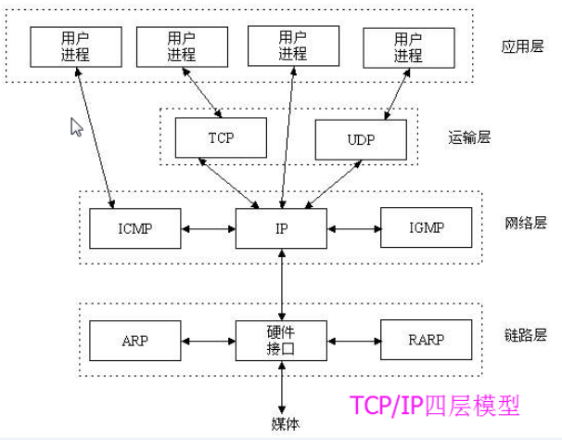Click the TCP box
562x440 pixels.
[x=221, y=137]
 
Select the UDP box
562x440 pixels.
[x=361, y=140]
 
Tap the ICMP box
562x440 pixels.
[x=134, y=228]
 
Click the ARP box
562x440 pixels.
[x=134, y=342]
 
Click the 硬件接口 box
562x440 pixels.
[x=281, y=342]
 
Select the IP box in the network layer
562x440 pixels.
[x=281, y=228]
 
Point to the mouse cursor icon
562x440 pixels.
[x=77, y=127]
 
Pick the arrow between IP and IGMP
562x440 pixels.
[x=353, y=228]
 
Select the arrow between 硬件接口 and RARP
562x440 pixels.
[x=353, y=342]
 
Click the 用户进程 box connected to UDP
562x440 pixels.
[x=409, y=47]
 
